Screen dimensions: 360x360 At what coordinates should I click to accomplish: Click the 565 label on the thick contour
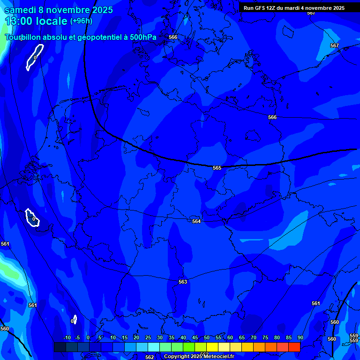217,168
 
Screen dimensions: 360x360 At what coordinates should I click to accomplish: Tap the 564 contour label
196,221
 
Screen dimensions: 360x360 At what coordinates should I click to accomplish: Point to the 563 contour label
183,282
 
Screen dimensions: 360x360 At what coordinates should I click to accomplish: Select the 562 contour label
149,357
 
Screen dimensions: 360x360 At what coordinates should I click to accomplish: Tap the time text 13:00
20,21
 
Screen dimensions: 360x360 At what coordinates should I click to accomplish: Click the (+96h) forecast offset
81,21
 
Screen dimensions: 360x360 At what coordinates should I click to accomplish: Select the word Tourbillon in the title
24,37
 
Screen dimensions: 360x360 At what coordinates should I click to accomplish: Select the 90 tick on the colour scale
300,338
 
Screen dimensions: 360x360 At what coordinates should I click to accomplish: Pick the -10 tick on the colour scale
66,338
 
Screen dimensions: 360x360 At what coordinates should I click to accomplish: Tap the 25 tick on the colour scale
148,338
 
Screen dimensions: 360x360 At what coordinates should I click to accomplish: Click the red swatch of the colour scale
294,347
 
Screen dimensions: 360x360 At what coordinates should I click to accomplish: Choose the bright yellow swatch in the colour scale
212,347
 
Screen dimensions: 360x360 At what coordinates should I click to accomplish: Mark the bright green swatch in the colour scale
189,347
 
